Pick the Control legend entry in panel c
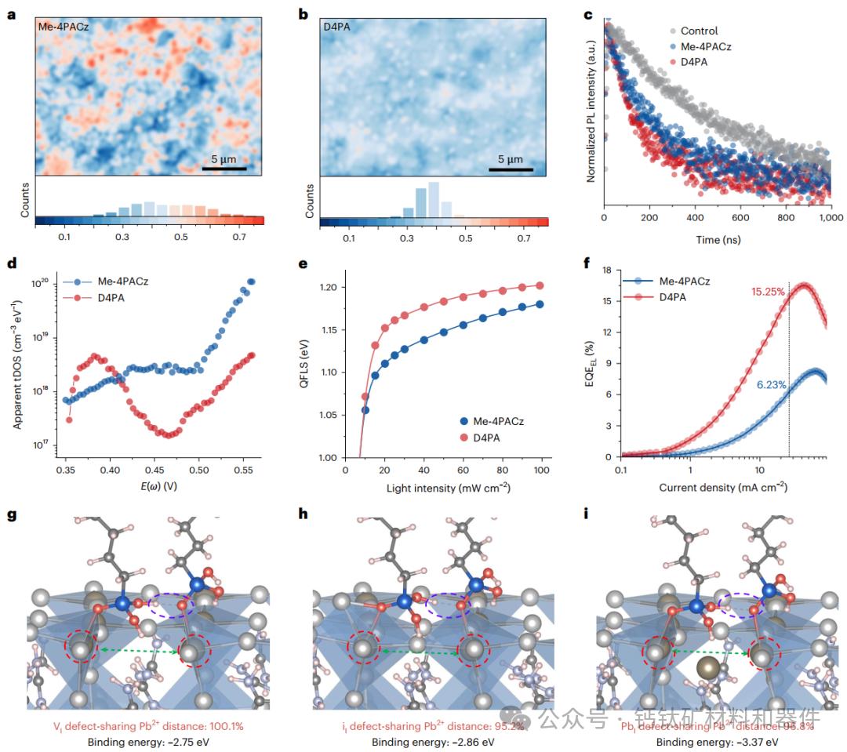pos(699,31)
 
